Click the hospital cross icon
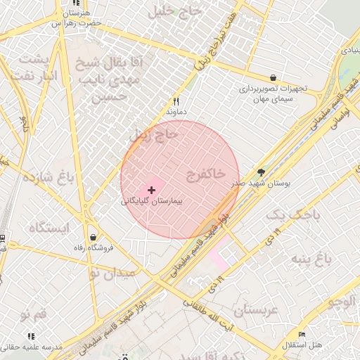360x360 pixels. (x=152, y=190)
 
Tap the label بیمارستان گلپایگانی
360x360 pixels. (x=152, y=201)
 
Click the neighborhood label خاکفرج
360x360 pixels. (x=206, y=173)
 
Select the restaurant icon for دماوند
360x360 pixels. (x=176, y=101)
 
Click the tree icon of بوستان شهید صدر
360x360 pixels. (x=262, y=172)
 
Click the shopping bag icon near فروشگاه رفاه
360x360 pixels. (x=93, y=237)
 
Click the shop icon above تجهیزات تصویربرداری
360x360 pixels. (x=273, y=77)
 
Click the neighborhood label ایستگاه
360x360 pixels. (x=49, y=228)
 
